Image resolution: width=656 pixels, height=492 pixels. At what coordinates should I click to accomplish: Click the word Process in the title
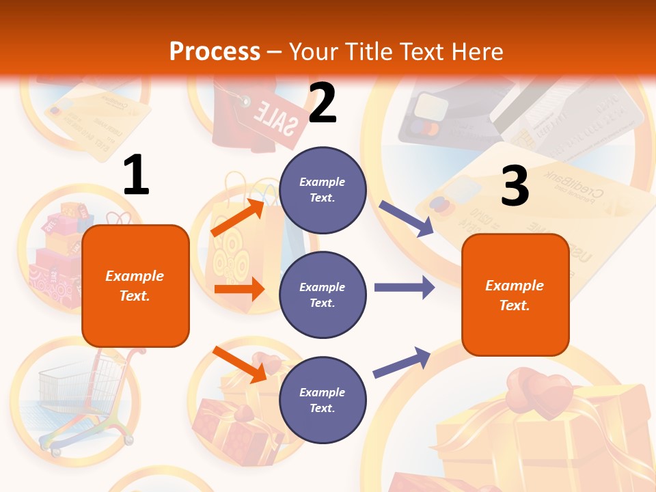tap(215, 52)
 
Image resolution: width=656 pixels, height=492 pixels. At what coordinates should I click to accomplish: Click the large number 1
tap(136, 175)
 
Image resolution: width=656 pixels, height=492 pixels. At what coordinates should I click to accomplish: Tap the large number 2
tap(323, 103)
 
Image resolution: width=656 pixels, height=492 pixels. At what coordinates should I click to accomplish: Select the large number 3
tap(515, 186)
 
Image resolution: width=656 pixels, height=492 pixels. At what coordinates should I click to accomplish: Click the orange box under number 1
tap(135, 286)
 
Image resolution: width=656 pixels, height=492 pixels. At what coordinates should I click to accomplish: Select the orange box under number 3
tap(515, 295)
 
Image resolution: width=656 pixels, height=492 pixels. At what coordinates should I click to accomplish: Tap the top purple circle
tap(323, 190)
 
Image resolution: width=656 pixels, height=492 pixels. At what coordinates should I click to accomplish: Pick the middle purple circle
tap(323, 295)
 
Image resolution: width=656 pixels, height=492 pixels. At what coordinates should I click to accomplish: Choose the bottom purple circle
tap(323, 400)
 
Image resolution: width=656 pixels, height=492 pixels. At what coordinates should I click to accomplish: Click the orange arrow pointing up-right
tap(238, 217)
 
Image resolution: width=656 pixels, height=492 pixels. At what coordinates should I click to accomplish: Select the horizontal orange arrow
tap(239, 289)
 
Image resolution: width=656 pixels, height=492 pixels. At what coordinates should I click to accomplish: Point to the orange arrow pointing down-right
tap(240, 364)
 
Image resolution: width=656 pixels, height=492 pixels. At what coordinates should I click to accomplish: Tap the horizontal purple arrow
tap(405, 287)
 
